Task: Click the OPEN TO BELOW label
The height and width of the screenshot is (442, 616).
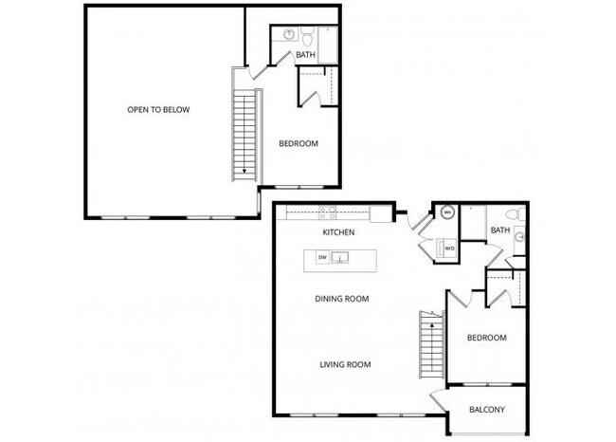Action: pyautogui.click(x=158, y=110)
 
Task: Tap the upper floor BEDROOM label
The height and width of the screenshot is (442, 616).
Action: pyautogui.click(x=298, y=144)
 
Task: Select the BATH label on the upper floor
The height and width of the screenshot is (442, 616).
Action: pyautogui.click(x=305, y=55)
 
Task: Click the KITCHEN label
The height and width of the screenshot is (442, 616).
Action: pyautogui.click(x=338, y=232)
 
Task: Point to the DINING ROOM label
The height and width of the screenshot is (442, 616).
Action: pyautogui.click(x=342, y=299)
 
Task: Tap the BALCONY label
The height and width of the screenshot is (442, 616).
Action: pyautogui.click(x=487, y=410)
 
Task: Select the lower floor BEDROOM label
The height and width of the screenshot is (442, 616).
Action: pyautogui.click(x=486, y=338)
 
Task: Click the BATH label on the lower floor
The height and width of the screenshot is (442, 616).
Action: pyautogui.click(x=499, y=230)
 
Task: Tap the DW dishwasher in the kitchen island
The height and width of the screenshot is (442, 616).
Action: pyautogui.click(x=322, y=257)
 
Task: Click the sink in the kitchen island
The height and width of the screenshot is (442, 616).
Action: pyautogui.click(x=339, y=257)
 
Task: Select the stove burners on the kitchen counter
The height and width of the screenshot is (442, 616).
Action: pyautogui.click(x=327, y=213)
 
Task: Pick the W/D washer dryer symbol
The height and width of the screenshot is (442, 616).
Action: pyautogui.click(x=450, y=249)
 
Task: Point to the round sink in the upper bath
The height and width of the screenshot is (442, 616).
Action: pyautogui.click(x=287, y=34)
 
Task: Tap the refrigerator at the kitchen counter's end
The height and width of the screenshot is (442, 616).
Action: pyautogui.click(x=380, y=213)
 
